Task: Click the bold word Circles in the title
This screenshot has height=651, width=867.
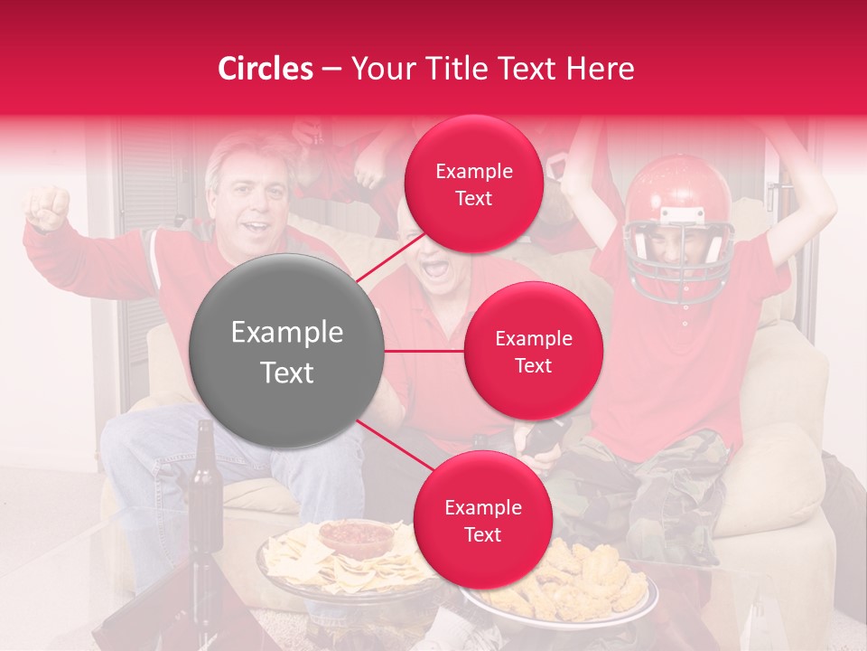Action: point(266,69)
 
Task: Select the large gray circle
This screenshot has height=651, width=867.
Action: point(287,351)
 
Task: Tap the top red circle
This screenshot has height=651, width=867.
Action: point(473,184)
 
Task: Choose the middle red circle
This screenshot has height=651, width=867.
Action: point(533,351)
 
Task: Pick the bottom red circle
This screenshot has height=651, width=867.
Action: point(482,520)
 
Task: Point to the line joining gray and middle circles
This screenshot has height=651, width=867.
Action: point(424,351)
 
